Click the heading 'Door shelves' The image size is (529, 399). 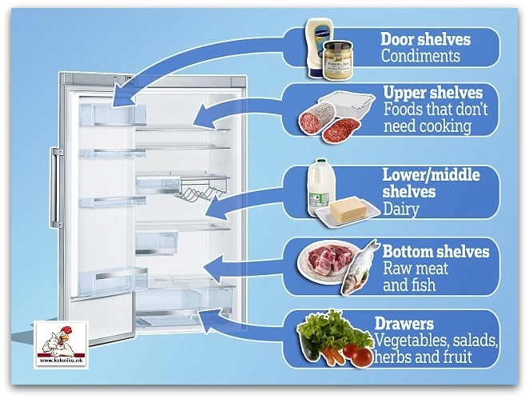pos(426,38)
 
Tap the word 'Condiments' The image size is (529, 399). pos(420,56)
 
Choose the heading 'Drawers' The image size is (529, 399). pos(404,325)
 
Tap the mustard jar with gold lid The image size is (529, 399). pos(338,60)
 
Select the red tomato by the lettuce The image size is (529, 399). pos(362,357)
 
